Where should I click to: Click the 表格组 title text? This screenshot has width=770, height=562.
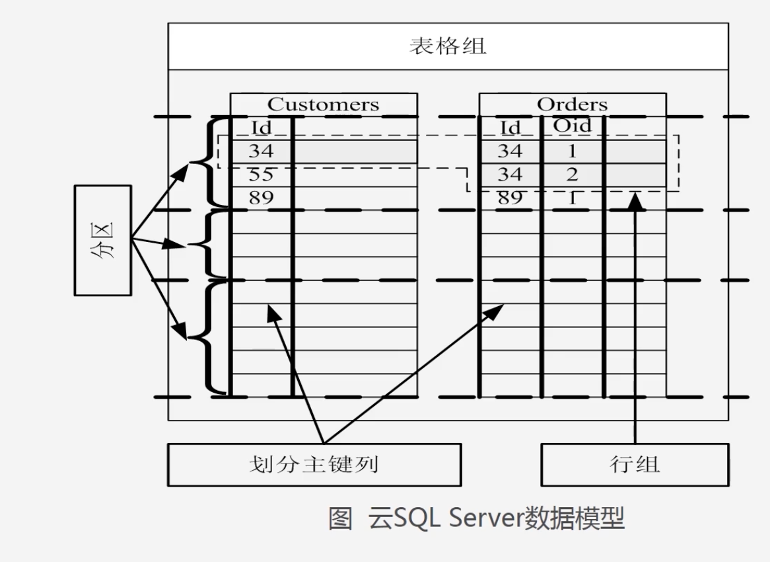(x=448, y=47)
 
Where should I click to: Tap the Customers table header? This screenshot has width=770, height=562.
(x=323, y=104)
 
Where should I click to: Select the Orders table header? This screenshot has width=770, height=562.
(x=572, y=104)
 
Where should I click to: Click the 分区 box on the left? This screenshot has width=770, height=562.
(x=102, y=239)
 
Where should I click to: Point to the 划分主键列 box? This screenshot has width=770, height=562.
(x=314, y=464)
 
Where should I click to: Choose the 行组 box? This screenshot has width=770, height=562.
(x=635, y=464)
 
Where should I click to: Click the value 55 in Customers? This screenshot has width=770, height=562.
(x=261, y=175)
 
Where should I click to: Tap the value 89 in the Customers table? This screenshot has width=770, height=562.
(x=261, y=197)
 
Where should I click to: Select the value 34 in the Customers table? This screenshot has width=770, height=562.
(x=261, y=151)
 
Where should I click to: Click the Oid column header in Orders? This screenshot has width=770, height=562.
(x=572, y=126)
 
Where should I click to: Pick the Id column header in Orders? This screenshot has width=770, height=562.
(x=510, y=128)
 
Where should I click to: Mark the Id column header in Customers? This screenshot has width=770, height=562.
(x=262, y=128)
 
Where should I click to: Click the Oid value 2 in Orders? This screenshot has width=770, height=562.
(x=572, y=175)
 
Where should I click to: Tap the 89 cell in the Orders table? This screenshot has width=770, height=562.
(x=510, y=197)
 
